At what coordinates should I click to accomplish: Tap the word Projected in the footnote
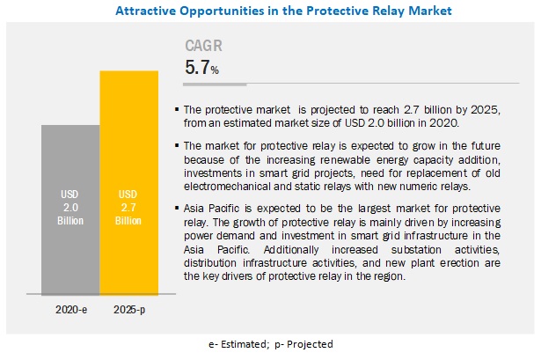[x=309, y=344]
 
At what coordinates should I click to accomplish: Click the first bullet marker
[x=179, y=109]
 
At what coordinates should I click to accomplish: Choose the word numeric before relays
[x=442, y=187]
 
